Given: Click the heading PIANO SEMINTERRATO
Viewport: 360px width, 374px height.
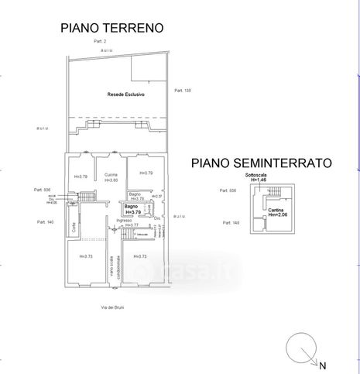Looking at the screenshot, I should pyautogui.click(x=262, y=163).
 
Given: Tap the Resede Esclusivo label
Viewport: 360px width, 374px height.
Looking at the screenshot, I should pyautogui.click(x=126, y=94).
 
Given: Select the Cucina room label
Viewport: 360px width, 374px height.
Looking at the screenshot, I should pyautogui.click(x=111, y=174).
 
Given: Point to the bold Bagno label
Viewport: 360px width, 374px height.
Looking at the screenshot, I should pyautogui.click(x=130, y=207).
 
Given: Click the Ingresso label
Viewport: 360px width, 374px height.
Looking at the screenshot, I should pyautogui.click(x=125, y=220).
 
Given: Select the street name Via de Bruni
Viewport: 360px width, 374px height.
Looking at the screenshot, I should pyautogui.click(x=112, y=307).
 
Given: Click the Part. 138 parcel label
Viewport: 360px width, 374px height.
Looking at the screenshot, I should pyautogui.click(x=183, y=91).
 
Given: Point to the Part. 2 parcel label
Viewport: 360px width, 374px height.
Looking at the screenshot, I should pyautogui.click(x=100, y=40).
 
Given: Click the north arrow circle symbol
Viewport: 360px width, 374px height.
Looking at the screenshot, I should pyautogui.click(x=301, y=348).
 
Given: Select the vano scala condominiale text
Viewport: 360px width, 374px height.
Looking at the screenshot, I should pyautogui.click(x=113, y=267).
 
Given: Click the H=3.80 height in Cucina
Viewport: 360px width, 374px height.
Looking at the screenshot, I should pyautogui.click(x=111, y=180).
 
